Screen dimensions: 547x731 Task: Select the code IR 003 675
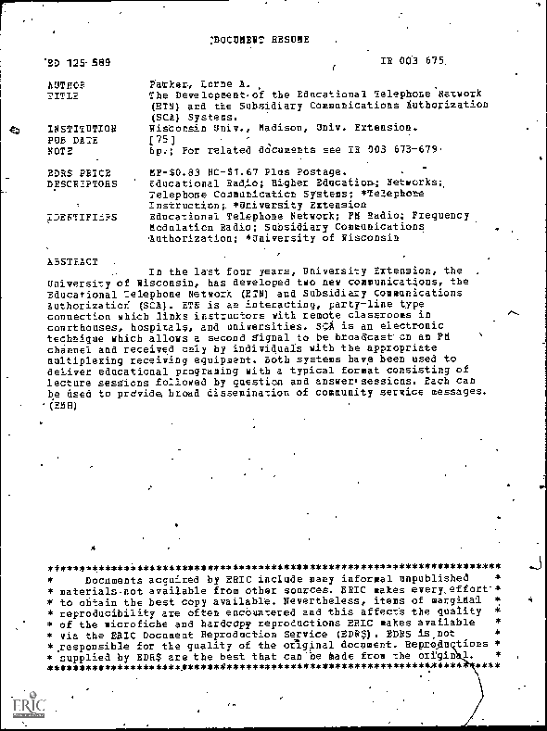coord(413,61)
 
